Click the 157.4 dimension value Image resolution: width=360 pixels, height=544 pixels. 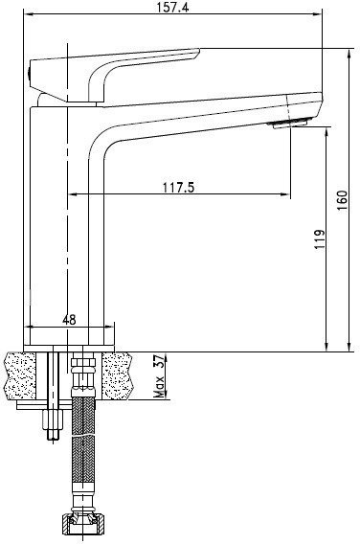click(x=172, y=7)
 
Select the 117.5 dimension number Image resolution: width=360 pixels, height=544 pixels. click(x=179, y=188)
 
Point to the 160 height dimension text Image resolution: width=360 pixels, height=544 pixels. click(x=342, y=200)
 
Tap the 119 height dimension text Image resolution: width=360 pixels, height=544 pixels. click(x=320, y=238)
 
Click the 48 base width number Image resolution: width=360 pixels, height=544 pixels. click(x=69, y=320)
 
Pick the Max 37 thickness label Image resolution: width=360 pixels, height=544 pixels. click(x=159, y=376)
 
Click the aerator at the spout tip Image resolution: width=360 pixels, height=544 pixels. click(x=290, y=124)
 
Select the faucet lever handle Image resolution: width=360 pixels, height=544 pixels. click(x=115, y=75)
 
